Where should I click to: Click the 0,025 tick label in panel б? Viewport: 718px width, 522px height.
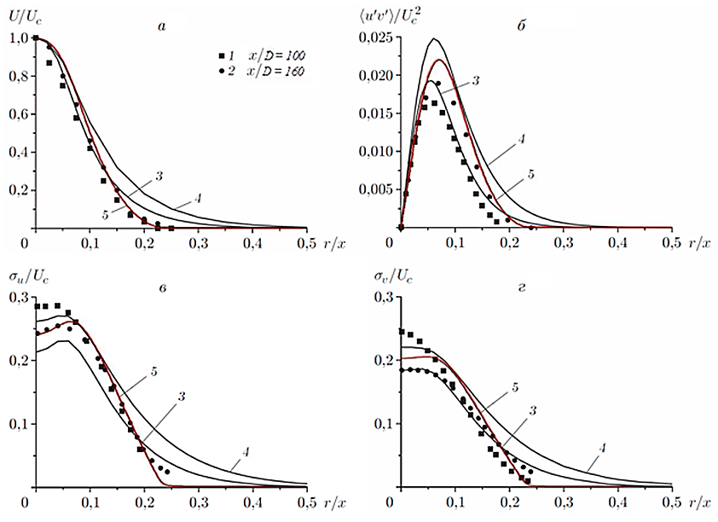(x=376, y=38)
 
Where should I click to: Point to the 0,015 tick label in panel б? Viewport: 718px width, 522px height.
(x=376, y=113)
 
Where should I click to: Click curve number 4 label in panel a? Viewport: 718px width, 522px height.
(x=197, y=200)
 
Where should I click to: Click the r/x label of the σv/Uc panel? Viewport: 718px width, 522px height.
(x=697, y=504)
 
